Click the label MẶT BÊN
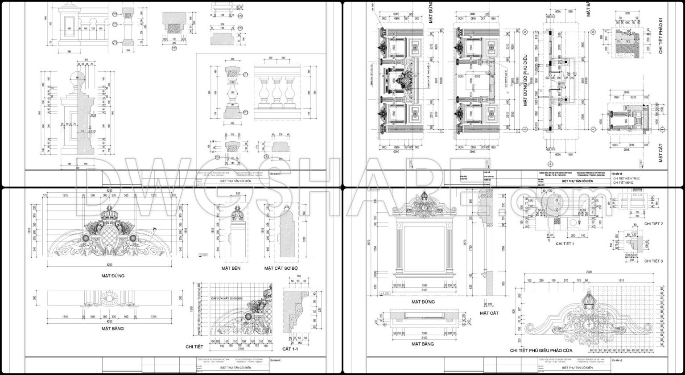231,268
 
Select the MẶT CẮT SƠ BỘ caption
281,268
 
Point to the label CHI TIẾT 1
552,244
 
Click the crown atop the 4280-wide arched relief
109,214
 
